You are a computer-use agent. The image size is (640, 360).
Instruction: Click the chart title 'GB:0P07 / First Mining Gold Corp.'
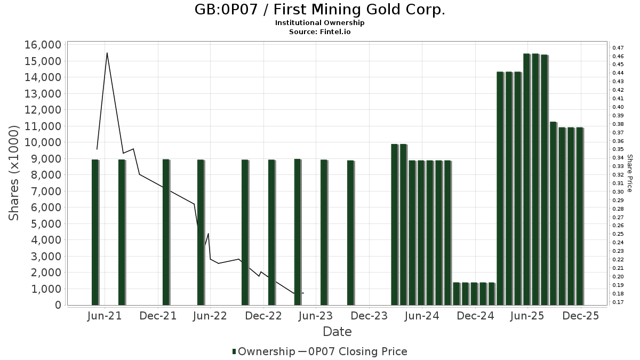coord(319,10)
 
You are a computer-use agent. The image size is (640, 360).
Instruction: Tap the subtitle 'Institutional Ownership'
coord(319,23)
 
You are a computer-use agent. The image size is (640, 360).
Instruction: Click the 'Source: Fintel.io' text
coord(319,31)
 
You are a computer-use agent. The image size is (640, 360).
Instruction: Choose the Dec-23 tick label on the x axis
coord(369,316)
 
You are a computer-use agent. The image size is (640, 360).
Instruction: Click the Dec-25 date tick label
coord(581,316)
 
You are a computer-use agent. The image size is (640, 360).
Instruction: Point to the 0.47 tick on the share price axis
coord(618,48)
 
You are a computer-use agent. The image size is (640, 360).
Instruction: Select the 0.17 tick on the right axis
coord(618,302)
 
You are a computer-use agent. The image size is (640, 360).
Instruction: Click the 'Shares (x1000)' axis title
coord(15,173)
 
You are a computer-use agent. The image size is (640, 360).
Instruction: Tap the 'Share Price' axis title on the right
coord(629,173)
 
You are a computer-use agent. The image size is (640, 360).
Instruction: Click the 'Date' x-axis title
coord(337,332)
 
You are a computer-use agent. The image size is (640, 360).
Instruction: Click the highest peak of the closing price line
coord(107,53)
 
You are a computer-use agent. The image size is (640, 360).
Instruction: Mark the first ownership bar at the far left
coord(95,232)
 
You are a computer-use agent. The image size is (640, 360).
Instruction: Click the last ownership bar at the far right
coord(580,216)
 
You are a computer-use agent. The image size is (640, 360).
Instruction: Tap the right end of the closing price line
coord(303,293)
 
